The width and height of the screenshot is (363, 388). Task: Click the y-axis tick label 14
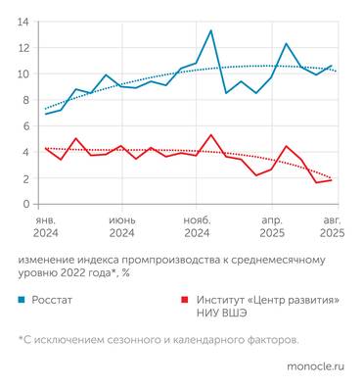[23, 22]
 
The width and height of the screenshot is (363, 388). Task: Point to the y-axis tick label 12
[23, 48]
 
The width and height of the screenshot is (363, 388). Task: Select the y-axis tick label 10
[23, 73]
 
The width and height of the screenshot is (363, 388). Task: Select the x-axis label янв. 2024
[45, 228]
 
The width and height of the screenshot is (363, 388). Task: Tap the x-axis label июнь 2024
[121, 228]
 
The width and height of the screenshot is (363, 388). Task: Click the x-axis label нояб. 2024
[197, 228]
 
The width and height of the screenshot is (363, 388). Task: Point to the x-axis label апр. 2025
[272, 228]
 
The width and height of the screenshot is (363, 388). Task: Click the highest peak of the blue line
[210, 30]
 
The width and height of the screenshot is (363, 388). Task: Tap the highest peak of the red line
[210, 135]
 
